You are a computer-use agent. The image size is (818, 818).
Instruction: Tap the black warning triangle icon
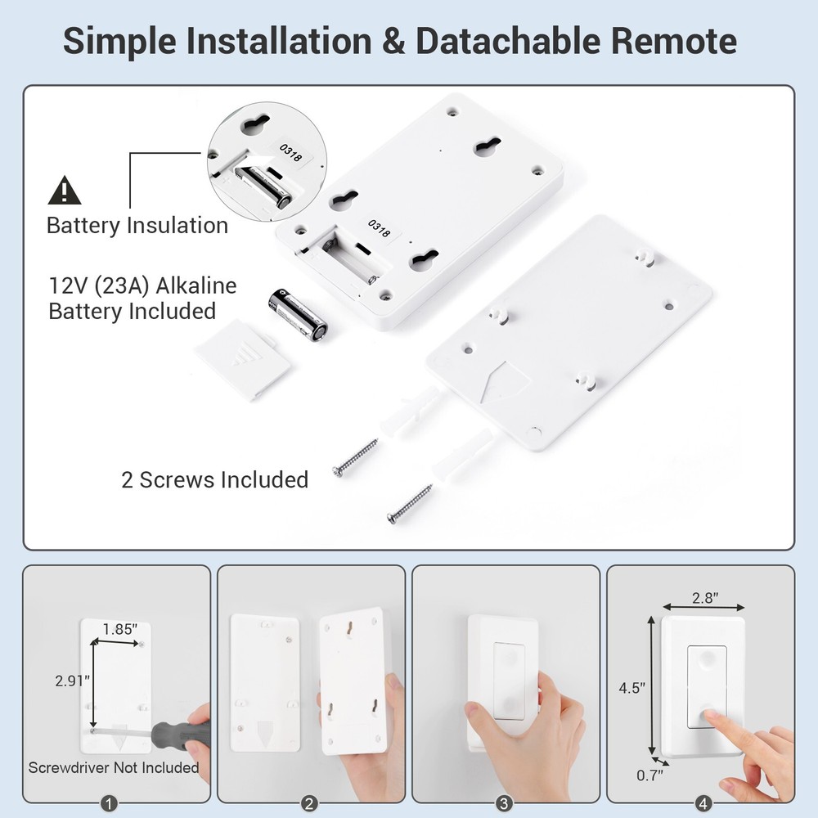[x=65, y=191]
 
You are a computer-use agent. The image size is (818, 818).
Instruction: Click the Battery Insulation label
[x=137, y=226]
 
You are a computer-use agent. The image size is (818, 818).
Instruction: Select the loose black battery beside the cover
[x=298, y=314]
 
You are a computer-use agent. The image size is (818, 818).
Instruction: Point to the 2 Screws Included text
[x=214, y=479]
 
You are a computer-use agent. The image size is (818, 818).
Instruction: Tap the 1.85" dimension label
[x=120, y=629]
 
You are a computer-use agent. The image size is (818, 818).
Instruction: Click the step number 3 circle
[x=504, y=803]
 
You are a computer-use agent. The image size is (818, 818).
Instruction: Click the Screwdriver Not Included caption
[x=113, y=767]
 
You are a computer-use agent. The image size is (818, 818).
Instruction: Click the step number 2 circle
[x=309, y=803]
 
